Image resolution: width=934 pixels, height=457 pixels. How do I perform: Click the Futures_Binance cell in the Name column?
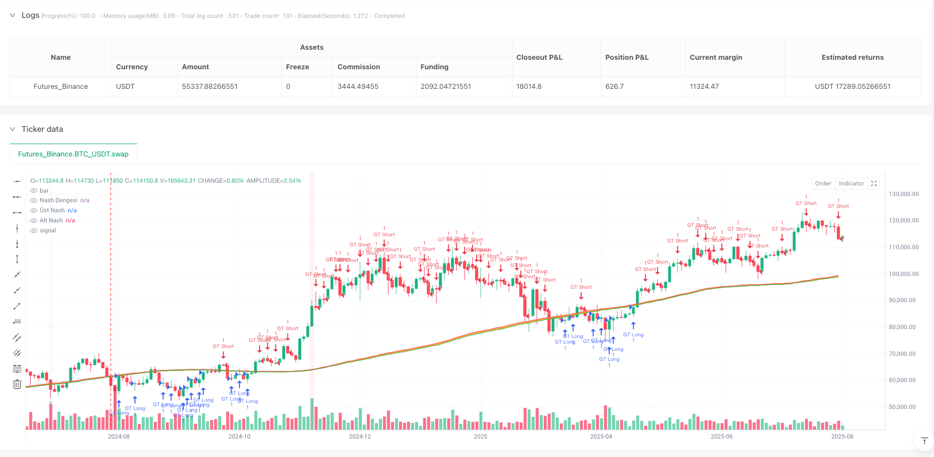(60, 87)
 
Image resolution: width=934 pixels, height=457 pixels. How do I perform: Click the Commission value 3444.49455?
(358, 87)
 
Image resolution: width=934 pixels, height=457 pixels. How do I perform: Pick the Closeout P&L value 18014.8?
(529, 87)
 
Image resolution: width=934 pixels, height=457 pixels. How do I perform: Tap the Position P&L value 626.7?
(614, 87)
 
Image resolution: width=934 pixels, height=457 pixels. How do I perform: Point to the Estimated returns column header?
(852, 58)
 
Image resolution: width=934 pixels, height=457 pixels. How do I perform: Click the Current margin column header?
(716, 58)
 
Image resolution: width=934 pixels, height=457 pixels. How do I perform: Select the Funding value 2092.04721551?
(446, 87)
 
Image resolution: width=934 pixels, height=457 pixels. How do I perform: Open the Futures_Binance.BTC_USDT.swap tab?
(73, 154)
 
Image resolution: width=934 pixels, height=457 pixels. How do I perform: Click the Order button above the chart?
(823, 184)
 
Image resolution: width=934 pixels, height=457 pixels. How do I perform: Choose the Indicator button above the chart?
(851, 184)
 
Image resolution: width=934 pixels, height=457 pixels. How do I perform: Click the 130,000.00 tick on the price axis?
(903, 194)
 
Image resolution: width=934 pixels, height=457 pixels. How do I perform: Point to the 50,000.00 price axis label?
(903, 407)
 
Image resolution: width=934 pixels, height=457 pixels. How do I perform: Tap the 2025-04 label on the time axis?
(601, 437)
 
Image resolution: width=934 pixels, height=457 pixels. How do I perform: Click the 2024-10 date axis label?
(239, 437)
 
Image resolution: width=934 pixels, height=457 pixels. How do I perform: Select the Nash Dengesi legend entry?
(58, 201)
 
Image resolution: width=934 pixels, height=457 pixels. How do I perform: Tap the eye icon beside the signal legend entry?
(34, 231)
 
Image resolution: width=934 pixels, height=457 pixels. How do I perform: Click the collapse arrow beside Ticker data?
(13, 129)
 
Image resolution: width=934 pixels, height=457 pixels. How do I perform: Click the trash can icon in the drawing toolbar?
(17, 384)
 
